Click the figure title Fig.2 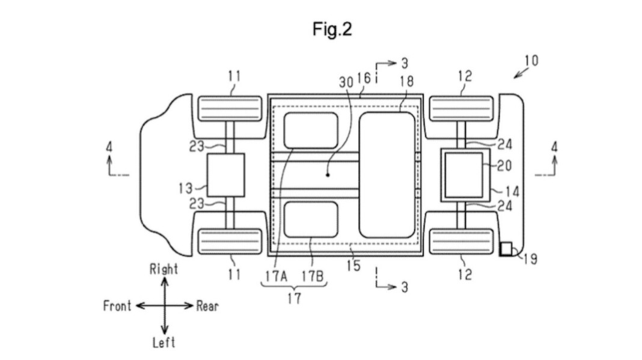tap(332, 29)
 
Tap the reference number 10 tap(531, 61)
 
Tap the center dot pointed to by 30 tap(328, 175)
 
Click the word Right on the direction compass tap(164, 269)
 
